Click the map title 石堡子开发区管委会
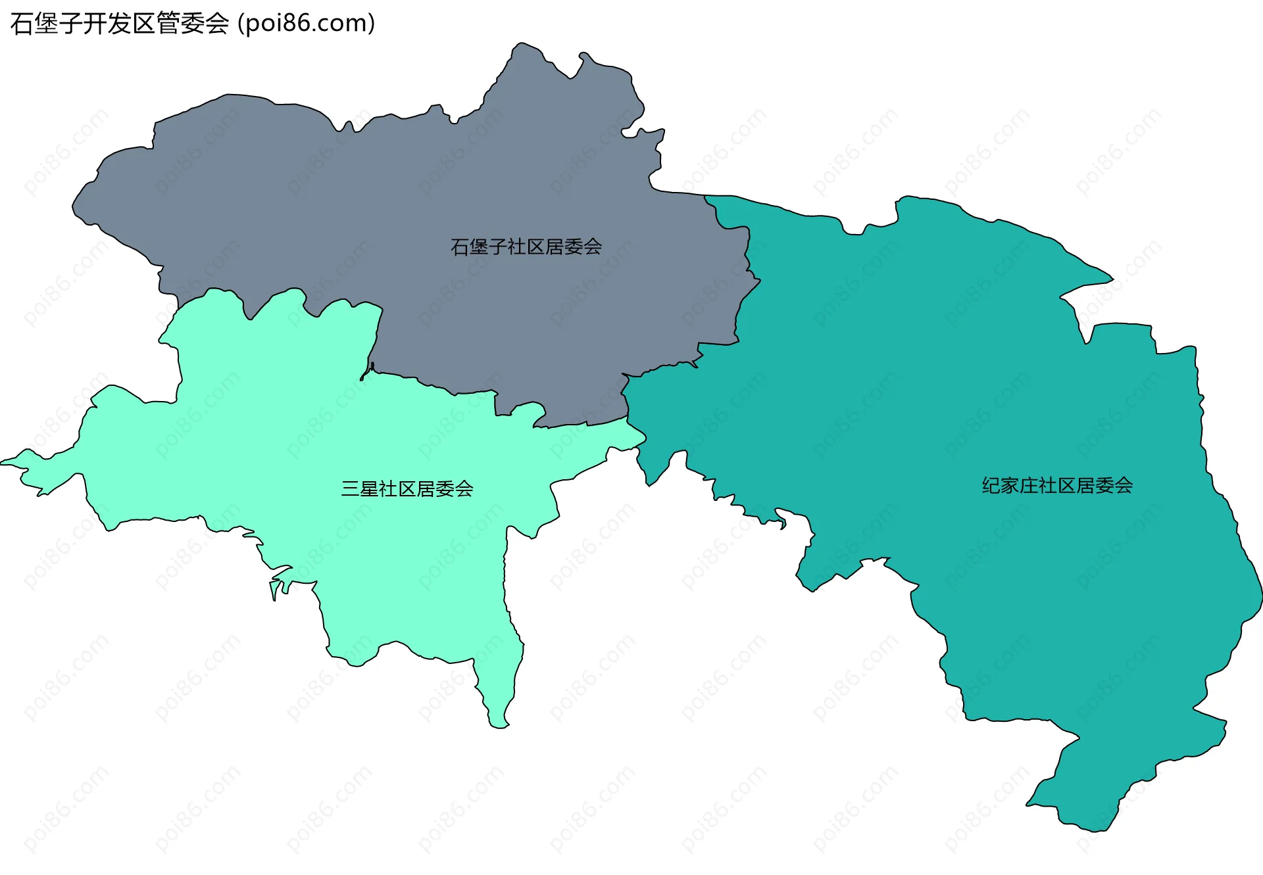point(120,24)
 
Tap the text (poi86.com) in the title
point(307,24)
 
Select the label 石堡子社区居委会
point(526,247)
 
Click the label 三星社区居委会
point(407,489)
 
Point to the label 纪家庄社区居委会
point(1057,486)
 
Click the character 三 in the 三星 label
point(350,489)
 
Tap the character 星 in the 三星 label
point(369,489)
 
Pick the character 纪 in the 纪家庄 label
point(991,486)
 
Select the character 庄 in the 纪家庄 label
point(1029,486)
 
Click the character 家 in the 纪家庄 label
point(1010,486)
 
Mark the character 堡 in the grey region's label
point(479,247)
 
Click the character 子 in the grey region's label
point(498,247)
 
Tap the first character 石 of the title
point(22,24)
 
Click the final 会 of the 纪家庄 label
point(1124,486)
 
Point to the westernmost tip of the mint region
point(3,462)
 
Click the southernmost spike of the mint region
point(499,726)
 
